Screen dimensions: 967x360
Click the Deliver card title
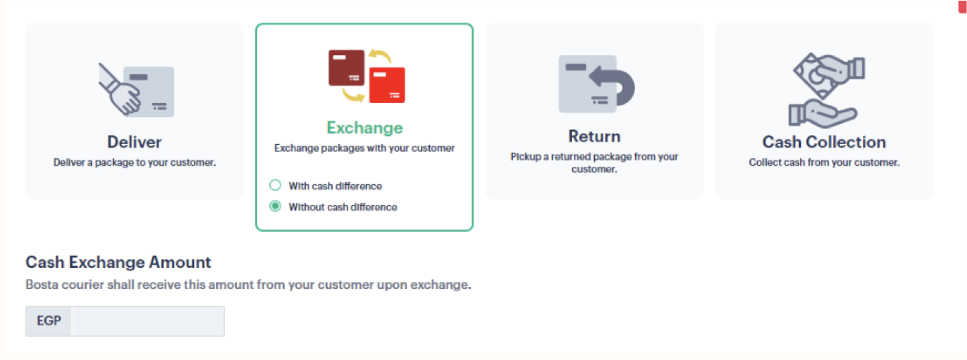[134, 142]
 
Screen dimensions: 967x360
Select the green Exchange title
[364, 128]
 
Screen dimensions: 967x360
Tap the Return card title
[595, 137]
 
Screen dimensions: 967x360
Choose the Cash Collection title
[824, 142]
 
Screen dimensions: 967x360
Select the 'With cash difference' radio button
[275, 185]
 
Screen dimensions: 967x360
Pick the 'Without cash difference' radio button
[275, 206]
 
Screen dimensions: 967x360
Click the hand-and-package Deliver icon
[136, 90]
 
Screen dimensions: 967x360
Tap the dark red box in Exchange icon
[346, 68]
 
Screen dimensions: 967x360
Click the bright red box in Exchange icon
[387, 85]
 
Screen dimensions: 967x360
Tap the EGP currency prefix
[49, 321]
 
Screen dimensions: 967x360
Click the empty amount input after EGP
[148, 321]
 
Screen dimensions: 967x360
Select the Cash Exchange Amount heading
[118, 262]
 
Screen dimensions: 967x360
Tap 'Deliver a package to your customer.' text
[135, 162]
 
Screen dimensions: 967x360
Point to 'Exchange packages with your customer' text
[364, 148]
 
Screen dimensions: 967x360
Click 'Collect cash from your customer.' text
[824, 162]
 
